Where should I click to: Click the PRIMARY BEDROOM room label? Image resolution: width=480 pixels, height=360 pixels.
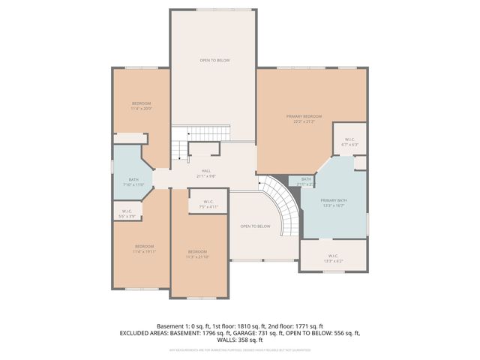pyautogui.click(x=304, y=116)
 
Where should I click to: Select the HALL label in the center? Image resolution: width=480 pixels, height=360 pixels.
pyautogui.click(x=205, y=171)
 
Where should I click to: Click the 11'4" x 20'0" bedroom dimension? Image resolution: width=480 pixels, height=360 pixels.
pyautogui.click(x=142, y=109)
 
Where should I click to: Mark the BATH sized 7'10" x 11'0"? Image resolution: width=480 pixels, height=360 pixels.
pyautogui.click(x=133, y=182)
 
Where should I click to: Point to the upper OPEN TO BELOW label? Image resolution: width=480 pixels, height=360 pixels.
pyautogui.click(x=214, y=60)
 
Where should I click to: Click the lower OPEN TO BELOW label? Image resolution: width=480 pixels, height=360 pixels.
pyautogui.click(x=255, y=226)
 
